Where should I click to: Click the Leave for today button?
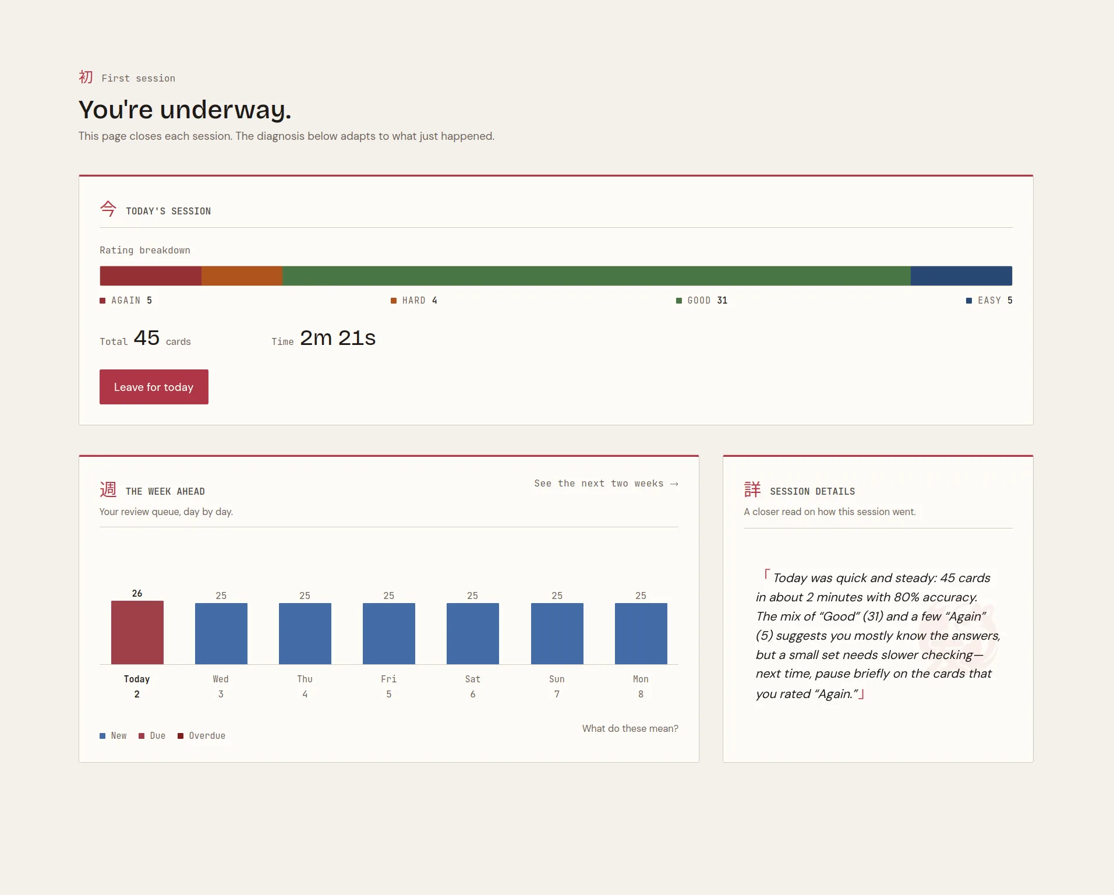[154, 387]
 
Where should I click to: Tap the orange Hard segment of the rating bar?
[242, 276]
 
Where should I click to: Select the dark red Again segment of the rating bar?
[151, 276]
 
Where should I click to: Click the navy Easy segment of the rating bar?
[961, 276]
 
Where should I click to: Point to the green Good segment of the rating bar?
[596, 276]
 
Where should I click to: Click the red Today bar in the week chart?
[137, 632]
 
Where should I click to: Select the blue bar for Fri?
[389, 633]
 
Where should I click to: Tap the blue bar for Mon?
[641, 633]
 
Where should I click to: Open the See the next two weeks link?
[606, 484]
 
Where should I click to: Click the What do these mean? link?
[630, 728]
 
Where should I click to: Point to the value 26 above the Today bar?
[137, 593]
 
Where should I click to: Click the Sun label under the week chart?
[557, 679]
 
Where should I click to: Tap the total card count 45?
[147, 338]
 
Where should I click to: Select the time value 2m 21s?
[338, 338]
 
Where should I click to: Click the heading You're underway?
[185, 110]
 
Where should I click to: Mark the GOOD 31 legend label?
[702, 301]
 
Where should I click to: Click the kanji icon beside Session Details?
[752, 489]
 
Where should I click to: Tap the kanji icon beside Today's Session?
[108, 209]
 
